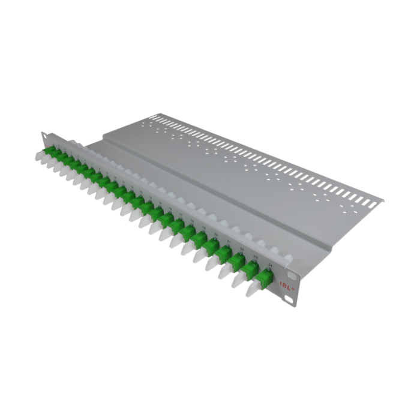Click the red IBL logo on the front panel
[x=280, y=286]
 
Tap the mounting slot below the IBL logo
[x=290, y=298]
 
